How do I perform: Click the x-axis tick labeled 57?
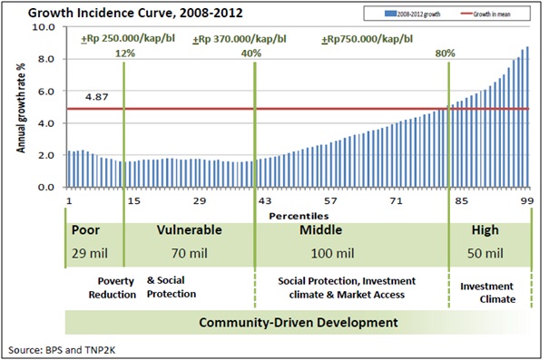330,200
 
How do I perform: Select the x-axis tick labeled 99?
526,200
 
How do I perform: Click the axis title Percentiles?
297,216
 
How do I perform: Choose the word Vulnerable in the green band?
189,230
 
